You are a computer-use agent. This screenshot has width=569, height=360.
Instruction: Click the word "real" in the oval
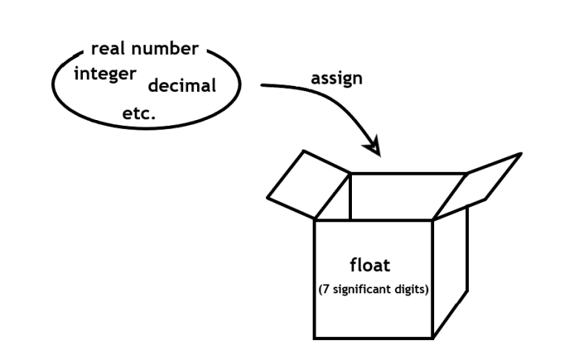(x=107, y=50)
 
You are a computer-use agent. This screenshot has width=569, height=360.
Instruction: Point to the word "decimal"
(x=182, y=85)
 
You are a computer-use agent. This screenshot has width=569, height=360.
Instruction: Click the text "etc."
(x=139, y=114)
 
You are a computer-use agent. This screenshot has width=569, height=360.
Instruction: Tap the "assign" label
(x=338, y=78)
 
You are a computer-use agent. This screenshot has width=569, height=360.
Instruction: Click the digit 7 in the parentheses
(x=325, y=290)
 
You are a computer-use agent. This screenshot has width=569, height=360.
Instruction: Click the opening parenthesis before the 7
(x=319, y=290)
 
